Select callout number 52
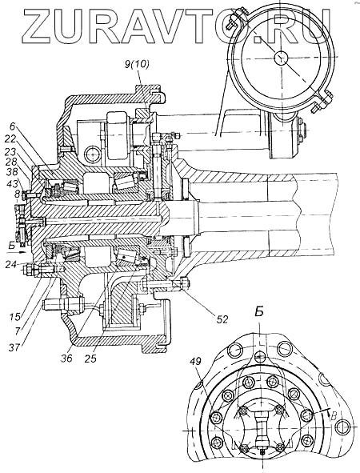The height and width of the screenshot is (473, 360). (x=222, y=319)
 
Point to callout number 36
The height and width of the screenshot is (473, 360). (x=67, y=358)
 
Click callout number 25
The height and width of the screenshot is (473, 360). (x=90, y=358)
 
